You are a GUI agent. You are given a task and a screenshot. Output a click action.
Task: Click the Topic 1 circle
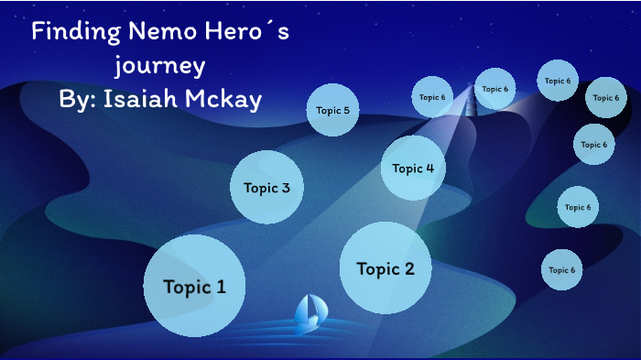pyautogui.click(x=194, y=286)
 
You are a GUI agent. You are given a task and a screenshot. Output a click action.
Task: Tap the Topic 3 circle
pyautogui.click(x=266, y=188)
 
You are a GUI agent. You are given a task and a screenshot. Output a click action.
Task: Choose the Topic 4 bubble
pyautogui.click(x=413, y=168)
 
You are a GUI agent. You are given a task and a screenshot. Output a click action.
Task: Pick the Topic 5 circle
pyautogui.click(x=332, y=110)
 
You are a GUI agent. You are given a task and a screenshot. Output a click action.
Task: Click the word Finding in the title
pyautogui.click(x=71, y=33)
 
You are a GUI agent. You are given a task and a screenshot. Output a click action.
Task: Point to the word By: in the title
pyautogui.click(x=78, y=98)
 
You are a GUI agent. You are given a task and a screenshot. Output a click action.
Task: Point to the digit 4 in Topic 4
pyautogui.click(x=429, y=168)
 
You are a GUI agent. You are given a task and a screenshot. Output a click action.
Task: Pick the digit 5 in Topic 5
pyautogui.click(x=345, y=110)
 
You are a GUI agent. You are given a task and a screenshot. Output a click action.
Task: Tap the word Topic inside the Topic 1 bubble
pyautogui.click(x=183, y=286)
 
